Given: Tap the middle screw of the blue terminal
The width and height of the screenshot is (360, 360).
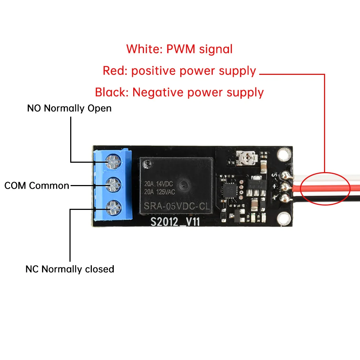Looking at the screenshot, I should coord(112,185).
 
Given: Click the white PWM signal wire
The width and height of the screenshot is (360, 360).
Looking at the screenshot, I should coord(324,177).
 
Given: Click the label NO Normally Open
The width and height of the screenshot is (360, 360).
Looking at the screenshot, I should coord(69,108).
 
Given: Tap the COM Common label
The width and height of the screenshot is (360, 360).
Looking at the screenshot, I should coord(37,186).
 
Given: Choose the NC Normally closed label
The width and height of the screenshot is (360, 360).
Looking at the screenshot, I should coord(69,269).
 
